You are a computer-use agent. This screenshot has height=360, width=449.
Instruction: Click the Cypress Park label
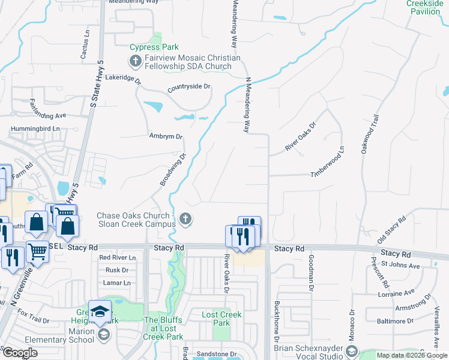point(154,47)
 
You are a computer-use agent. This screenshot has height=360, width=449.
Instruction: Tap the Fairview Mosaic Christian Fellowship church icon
point(135,61)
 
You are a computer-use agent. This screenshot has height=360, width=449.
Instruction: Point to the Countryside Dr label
point(189,86)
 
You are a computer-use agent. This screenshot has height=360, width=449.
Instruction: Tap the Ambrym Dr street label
point(166,136)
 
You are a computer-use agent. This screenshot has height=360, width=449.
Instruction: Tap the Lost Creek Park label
point(221,319)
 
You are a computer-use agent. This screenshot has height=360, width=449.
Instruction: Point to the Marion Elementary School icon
point(103,334)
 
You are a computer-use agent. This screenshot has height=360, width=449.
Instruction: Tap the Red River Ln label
point(118,257)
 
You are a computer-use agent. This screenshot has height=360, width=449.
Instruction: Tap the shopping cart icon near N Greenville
point(37,251)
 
